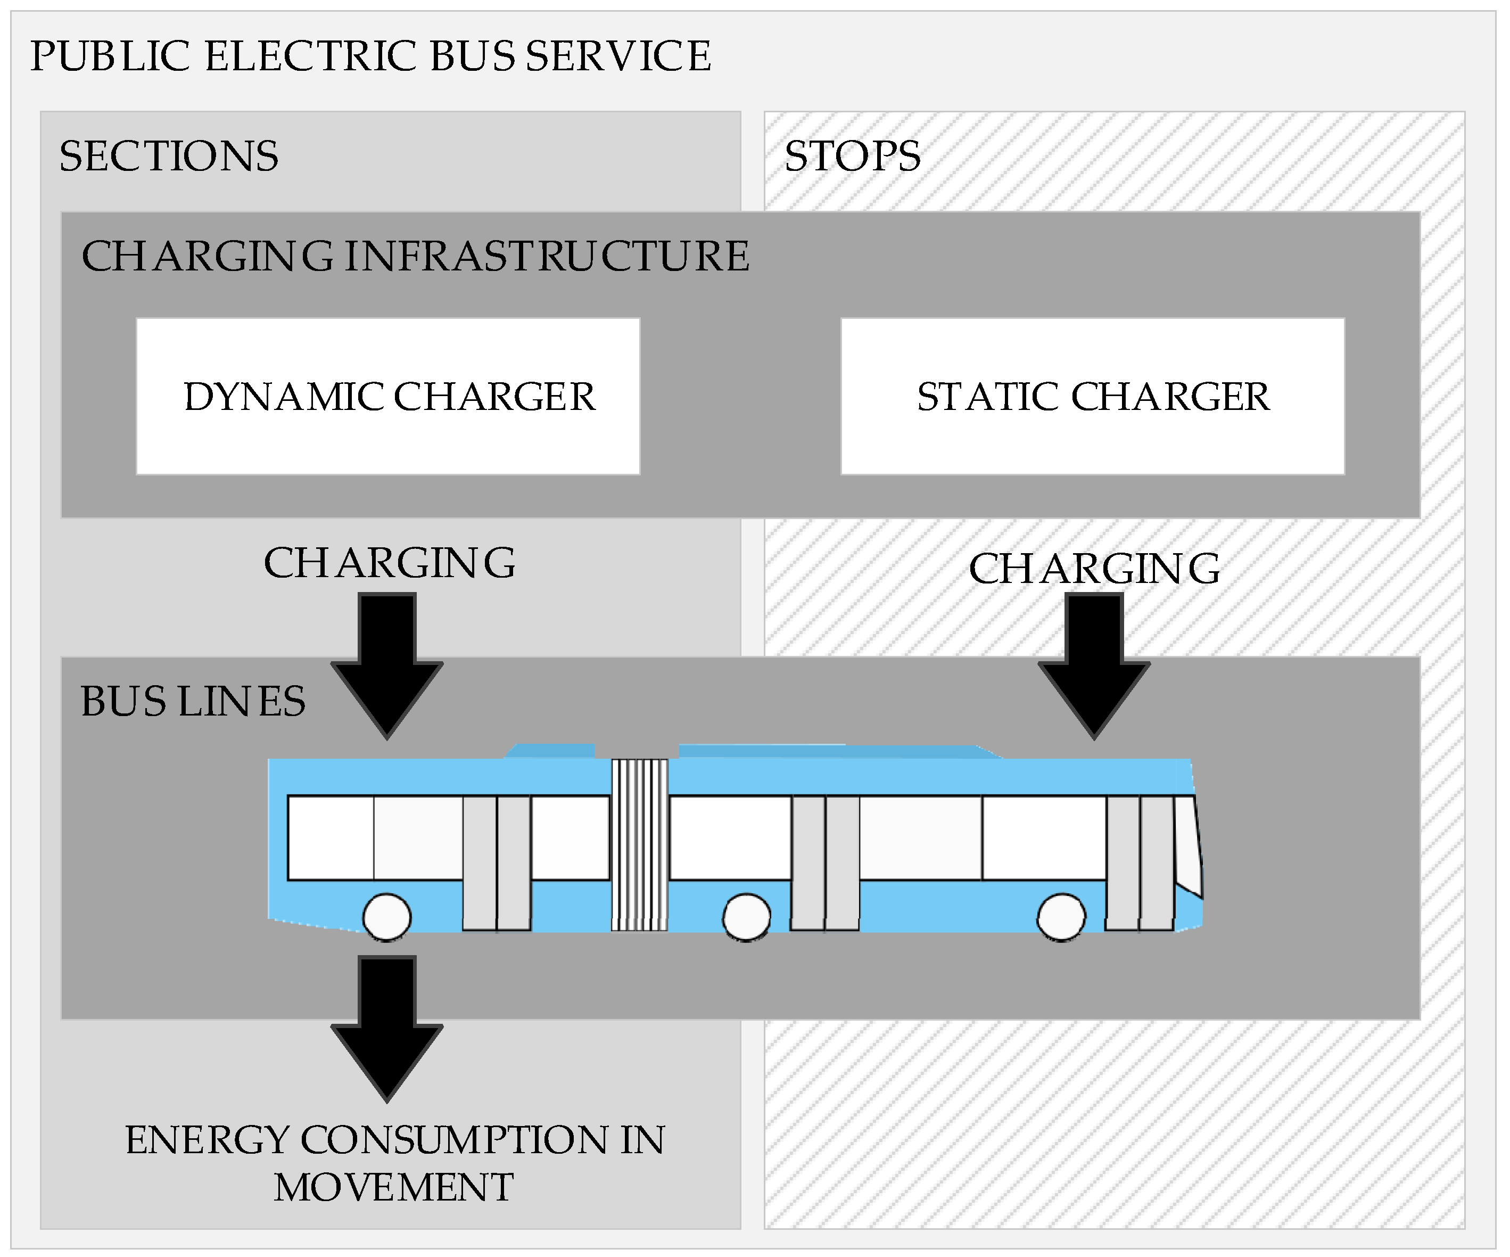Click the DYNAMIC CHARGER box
[389, 396]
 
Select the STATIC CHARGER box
[1092, 396]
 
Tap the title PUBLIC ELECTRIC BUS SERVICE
[370, 56]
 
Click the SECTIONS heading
[169, 156]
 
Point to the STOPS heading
[852, 156]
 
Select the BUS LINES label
[193, 701]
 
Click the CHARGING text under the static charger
[1094, 569]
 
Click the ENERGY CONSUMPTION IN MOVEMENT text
[395, 1163]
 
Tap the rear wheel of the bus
[387, 917]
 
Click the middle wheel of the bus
[746, 917]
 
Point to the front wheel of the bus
[1061, 917]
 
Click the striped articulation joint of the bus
[639, 845]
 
